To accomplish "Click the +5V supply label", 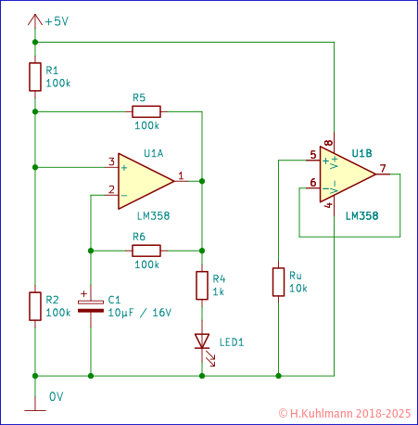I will (x=55, y=20).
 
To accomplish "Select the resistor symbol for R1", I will (x=34, y=77).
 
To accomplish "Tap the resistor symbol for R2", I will (x=34, y=305).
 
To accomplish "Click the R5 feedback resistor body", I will (x=146, y=109).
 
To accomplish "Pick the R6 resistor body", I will (x=146, y=250).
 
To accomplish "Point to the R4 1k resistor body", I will (x=201, y=285).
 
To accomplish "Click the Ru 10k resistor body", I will (x=278, y=282).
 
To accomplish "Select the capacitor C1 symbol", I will (x=90, y=305).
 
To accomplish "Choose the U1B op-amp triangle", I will (x=347, y=175).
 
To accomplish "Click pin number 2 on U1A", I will (x=111, y=190).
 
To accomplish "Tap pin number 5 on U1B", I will (x=312, y=155).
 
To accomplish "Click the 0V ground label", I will (x=56, y=396).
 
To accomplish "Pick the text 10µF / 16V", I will (x=140, y=313).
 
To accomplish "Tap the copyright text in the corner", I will (x=344, y=411).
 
